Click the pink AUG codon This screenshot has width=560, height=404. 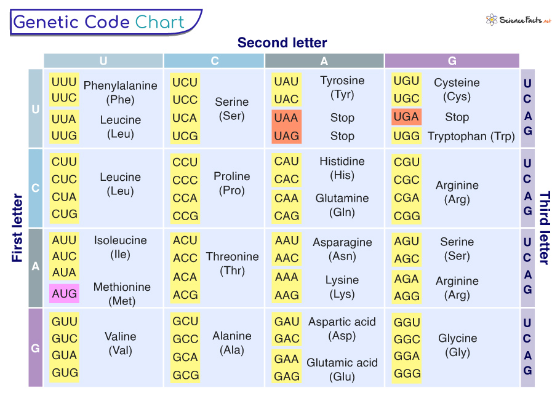pyautogui.click(x=64, y=293)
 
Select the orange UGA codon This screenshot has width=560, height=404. pyautogui.click(x=406, y=117)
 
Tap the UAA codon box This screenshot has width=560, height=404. pyautogui.click(x=286, y=117)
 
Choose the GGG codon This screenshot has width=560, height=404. pyautogui.click(x=407, y=373)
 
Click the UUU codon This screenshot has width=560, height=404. pyautogui.click(x=64, y=82)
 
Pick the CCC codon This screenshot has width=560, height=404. pyautogui.click(x=185, y=180)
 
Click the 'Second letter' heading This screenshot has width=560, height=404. pyautogui.click(x=282, y=42)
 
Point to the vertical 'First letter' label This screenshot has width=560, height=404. pyautogui.click(x=17, y=228)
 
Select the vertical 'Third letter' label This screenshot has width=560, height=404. pyautogui.click(x=544, y=228)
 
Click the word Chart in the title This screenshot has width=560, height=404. pyautogui.click(x=160, y=23)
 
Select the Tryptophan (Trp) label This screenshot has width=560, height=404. pyautogui.click(x=471, y=137)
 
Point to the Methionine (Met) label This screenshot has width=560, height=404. pyautogui.click(x=121, y=294)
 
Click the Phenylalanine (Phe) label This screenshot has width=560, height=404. pyautogui.click(x=120, y=92)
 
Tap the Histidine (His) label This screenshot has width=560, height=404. pyautogui.click(x=342, y=168)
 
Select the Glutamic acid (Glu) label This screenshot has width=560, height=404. pyautogui.click(x=342, y=370)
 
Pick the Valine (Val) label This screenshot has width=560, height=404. pyautogui.click(x=120, y=343)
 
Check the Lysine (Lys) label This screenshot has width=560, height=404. pyautogui.click(x=342, y=287)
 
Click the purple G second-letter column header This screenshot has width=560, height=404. pyautogui.click(x=452, y=61)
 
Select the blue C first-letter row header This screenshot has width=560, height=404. pyautogui.click(x=35, y=188)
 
